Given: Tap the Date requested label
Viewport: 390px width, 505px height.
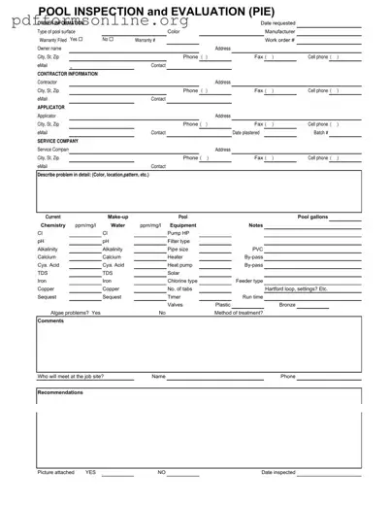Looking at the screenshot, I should pyautogui.click(x=279, y=23).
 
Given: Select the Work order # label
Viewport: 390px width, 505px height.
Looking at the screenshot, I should pyautogui.click(x=279, y=40).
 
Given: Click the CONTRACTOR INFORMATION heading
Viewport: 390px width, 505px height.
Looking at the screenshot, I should pyautogui.click(x=67, y=74).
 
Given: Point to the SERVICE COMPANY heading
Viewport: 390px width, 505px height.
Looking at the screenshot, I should pyautogui.click(x=58, y=141).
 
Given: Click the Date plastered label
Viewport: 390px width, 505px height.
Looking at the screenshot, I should pyautogui.click(x=245, y=132).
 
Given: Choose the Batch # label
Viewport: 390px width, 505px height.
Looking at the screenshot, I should pyautogui.click(x=321, y=132).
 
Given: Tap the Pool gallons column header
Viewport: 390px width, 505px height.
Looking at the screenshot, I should pyautogui.click(x=316, y=217).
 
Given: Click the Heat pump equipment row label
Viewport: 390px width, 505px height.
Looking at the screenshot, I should pyautogui.click(x=179, y=264).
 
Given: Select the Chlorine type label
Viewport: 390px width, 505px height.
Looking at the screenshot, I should pyautogui.click(x=182, y=281).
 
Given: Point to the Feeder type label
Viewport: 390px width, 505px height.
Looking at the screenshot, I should pyautogui.click(x=249, y=281).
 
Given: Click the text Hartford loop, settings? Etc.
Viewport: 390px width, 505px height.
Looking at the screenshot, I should pyautogui.click(x=296, y=288).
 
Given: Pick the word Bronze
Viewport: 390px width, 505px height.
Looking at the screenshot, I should pyautogui.click(x=287, y=305).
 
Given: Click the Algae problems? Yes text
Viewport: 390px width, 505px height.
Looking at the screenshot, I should pyautogui.click(x=76, y=313).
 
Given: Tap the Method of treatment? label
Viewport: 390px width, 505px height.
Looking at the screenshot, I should pyautogui.click(x=239, y=313).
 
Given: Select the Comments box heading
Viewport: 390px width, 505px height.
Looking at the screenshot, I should pyautogui.click(x=50, y=321).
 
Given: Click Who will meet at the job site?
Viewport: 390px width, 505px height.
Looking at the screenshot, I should pyautogui.click(x=70, y=376).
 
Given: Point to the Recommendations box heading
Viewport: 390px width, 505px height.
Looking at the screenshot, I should pyautogui.click(x=61, y=392).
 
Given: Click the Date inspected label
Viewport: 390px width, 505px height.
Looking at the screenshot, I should pyautogui.click(x=278, y=472).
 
